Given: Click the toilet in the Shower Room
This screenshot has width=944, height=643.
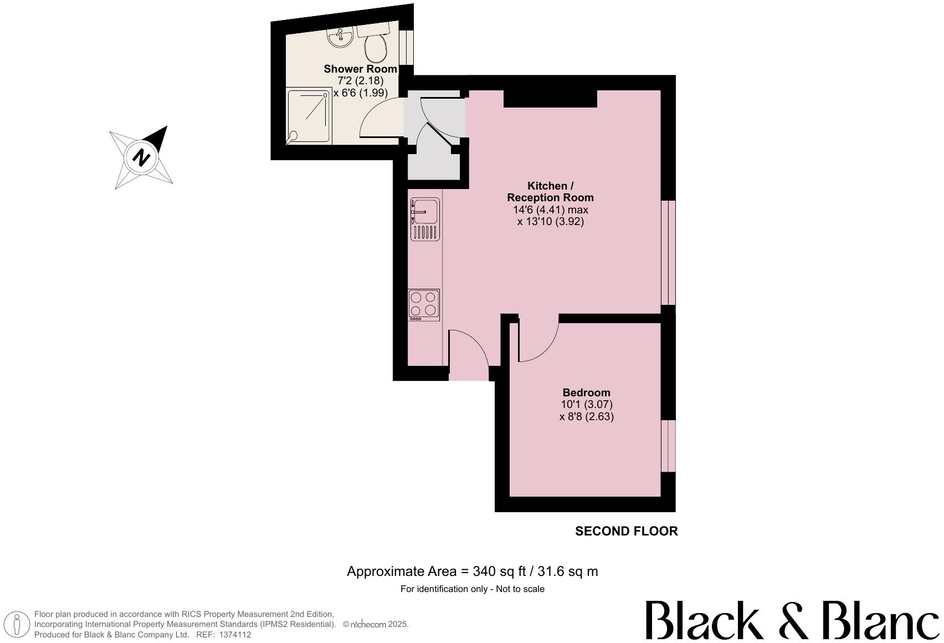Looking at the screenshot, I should (x=376, y=45).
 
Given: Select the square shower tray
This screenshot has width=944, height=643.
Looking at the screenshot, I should (x=309, y=116).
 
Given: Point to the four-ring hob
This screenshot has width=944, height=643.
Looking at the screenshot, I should (x=424, y=305).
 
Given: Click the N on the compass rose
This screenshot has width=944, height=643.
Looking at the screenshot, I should (x=142, y=157).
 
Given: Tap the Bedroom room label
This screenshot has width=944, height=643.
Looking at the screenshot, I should (x=586, y=392).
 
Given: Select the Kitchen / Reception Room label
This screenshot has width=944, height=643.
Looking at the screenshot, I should (x=550, y=191).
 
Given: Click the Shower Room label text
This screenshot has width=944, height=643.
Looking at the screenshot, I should (x=360, y=69).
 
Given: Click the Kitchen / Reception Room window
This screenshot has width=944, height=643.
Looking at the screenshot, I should (x=669, y=252).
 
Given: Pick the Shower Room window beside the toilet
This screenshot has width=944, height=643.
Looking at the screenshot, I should (x=409, y=47).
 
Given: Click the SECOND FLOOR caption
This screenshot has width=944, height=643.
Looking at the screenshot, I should (x=626, y=531).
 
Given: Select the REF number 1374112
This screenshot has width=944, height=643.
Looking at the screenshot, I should (x=235, y=635).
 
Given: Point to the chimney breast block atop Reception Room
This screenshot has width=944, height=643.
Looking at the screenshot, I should (x=550, y=99).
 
